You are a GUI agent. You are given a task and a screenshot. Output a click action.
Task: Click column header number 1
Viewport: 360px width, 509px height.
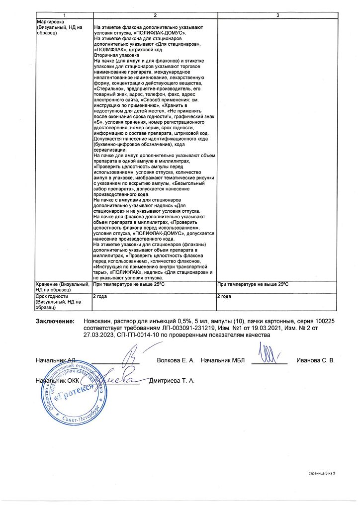(x=63, y=16)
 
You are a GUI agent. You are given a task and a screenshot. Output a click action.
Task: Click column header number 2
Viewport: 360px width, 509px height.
(x=155, y=16)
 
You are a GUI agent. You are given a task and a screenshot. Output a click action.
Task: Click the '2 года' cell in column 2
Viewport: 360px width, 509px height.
(x=101, y=296)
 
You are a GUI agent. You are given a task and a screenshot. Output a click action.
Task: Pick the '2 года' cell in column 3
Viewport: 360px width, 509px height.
(x=224, y=296)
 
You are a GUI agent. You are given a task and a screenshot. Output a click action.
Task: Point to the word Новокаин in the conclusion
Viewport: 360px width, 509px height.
(x=98, y=322)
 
